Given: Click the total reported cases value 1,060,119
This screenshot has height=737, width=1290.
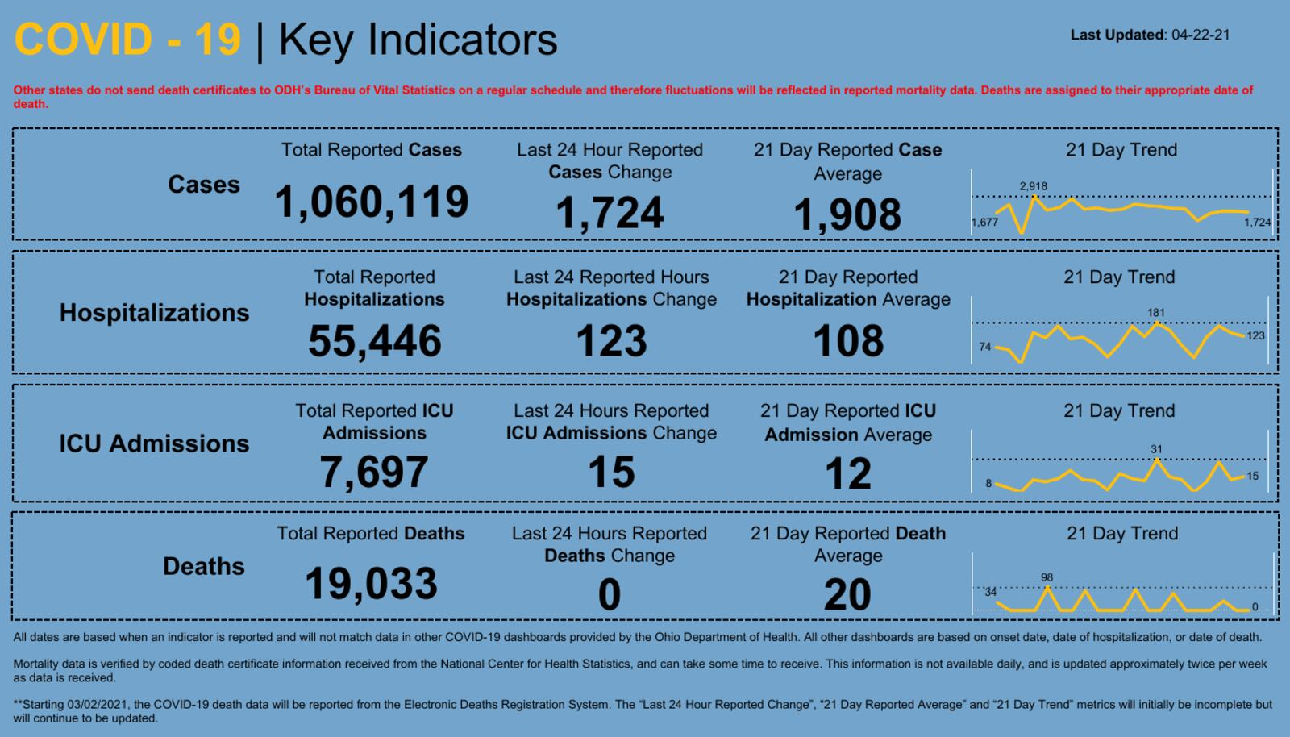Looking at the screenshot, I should click(371, 202).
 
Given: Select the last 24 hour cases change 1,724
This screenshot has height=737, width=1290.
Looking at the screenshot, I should click(610, 214).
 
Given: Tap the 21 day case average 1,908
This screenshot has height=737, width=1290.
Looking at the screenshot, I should click(847, 215).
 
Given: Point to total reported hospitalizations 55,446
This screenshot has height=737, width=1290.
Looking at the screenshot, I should click(374, 341).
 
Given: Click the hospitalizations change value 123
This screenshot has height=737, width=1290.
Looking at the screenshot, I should click(611, 341).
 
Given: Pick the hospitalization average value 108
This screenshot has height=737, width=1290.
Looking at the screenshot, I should click(848, 341).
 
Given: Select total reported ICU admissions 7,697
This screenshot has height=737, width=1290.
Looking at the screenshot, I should click(374, 473).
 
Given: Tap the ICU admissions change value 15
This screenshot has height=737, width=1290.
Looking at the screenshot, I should click(611, 473).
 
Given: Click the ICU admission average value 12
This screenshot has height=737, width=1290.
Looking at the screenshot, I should click(848, 474).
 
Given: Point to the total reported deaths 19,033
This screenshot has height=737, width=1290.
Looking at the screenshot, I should click(371, 584).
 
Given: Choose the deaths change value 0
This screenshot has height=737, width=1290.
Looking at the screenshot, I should click(610, 595).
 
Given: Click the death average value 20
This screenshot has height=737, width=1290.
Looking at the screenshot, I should click(847, 595).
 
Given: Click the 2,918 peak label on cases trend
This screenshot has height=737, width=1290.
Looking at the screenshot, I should click(1033, 186).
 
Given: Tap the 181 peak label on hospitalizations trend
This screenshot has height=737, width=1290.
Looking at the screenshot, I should click(1156, 313).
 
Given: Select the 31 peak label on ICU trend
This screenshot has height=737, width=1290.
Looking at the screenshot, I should click(1157, 449).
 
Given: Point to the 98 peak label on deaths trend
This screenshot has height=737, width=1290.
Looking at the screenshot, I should click(1047, 577).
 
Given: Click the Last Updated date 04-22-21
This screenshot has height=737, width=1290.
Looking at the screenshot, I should click(1201, 35).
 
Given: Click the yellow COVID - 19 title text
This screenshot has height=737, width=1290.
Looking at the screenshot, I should click(127, 40).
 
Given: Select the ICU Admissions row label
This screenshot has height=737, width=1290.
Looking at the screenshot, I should click(154, 443).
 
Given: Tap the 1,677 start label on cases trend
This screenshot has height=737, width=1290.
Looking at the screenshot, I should click(985, 223).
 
